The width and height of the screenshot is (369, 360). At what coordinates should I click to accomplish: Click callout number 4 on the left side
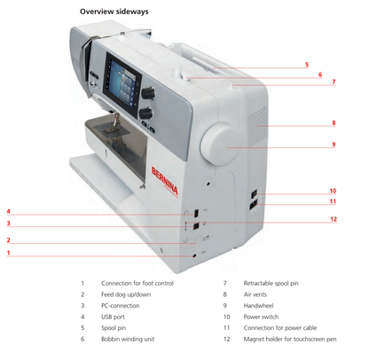tap(8, 211)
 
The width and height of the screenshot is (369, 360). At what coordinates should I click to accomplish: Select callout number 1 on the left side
tap(8, 254)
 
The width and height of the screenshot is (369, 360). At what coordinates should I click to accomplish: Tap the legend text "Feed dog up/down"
tap(126, 293)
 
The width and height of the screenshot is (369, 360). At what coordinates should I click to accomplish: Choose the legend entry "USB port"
tap(116, 317)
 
